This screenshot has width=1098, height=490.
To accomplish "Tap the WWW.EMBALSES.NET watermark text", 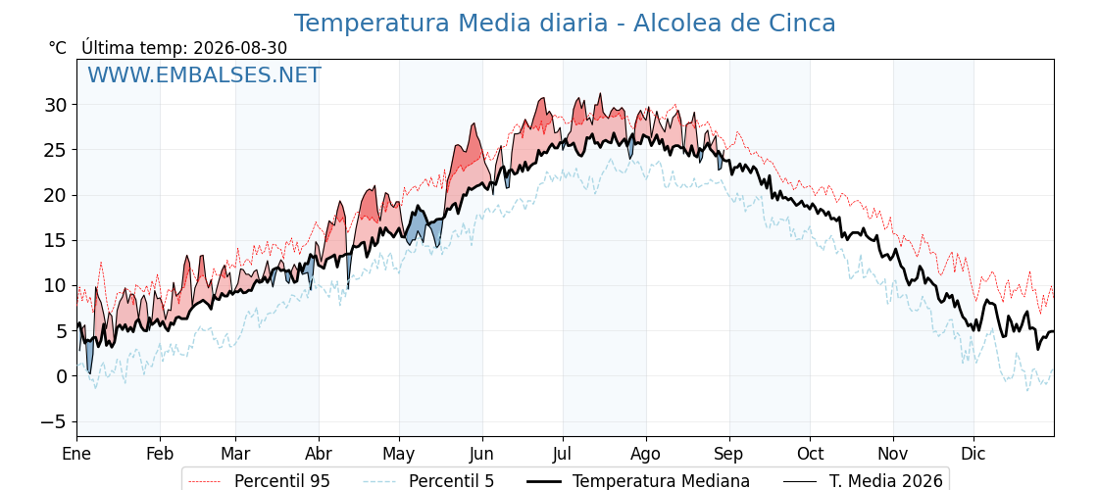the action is tap(204, 74).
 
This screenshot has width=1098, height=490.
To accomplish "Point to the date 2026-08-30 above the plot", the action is tap(240, 48).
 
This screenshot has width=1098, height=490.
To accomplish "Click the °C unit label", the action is tap(58, 48).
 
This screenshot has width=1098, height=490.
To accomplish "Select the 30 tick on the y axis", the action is tap(59, 105).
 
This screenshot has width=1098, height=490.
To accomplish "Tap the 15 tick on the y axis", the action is tap(59, 241).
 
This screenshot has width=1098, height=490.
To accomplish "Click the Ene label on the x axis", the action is tap(76, 454).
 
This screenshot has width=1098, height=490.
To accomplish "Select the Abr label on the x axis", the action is tap(319, 454).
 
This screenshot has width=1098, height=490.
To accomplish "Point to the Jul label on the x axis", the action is tap(563, 454).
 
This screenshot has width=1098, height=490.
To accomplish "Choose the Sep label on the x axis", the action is tap(729, 454).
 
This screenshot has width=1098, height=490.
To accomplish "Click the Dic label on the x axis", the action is tap(973, 454).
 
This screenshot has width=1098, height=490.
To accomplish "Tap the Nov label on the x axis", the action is tap(893, 454).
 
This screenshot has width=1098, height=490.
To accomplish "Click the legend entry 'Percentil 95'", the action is tap(282, 481).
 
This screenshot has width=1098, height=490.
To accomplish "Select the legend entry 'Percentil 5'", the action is tap(451, 481).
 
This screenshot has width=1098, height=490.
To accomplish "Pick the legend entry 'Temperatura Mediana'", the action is tap(661, 481).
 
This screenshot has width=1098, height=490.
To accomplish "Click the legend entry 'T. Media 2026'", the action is tap(886, 481).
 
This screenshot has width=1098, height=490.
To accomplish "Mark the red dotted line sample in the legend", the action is tap(206, 481).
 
